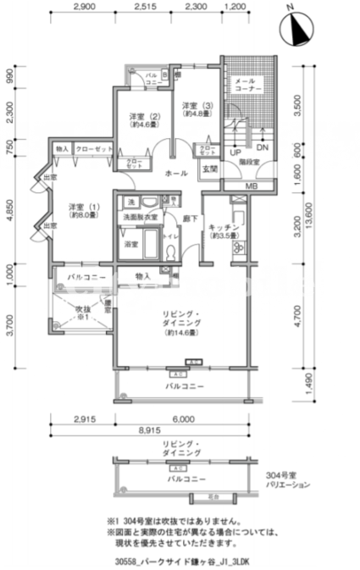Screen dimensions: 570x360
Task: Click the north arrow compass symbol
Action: [296, 30]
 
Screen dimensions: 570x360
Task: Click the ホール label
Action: [175, 172]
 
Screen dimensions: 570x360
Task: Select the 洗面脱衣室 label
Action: [137, 218]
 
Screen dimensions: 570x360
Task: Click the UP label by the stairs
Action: [235, 153]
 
